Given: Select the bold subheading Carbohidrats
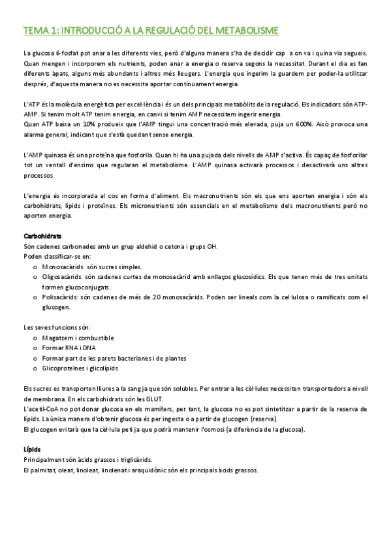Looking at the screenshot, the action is click(44, 236).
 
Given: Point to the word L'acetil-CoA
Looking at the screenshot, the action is click(43, 409).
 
